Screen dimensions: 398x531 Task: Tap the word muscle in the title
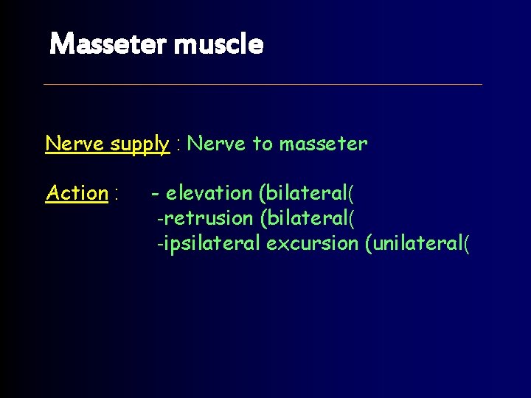point(219,45)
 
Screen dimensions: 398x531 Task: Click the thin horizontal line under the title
point(263,84)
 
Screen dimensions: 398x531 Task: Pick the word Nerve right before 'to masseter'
point(218,144)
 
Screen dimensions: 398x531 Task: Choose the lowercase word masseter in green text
point(323,144)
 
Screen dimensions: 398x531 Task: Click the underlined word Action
point(77,193)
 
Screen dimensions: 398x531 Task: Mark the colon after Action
point(117,195)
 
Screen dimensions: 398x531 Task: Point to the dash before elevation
point(156,194)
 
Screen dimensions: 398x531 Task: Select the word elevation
point(209,193)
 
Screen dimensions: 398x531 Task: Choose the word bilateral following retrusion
point(305,218)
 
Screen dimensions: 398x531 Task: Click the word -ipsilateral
point(209,243)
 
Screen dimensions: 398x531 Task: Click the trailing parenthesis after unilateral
point(465,244)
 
